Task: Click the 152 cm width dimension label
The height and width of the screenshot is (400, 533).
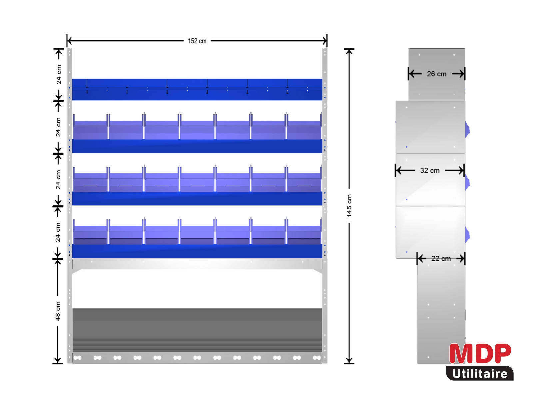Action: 197,41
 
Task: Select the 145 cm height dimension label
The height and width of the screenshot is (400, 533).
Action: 349,205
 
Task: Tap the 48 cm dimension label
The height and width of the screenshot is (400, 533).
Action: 58,311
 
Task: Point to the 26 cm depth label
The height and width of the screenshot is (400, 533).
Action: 437,74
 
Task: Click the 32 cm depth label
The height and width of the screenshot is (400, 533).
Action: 430,170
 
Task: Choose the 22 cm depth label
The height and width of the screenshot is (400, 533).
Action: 441,258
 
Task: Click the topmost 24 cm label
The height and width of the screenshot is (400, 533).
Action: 59,75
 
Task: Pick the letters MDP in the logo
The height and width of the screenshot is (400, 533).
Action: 480,354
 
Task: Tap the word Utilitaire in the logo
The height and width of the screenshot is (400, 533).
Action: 480,374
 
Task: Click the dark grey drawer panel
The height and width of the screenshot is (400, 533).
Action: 197,330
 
